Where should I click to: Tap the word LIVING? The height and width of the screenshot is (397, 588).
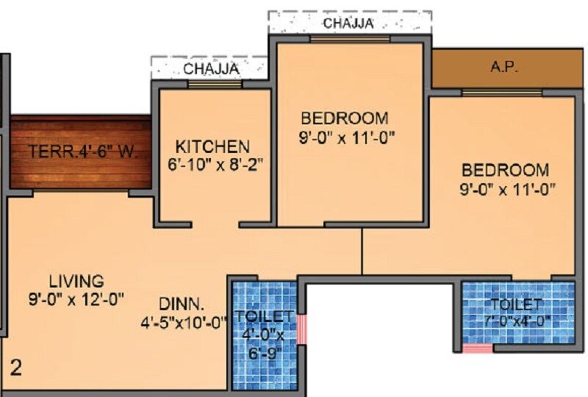pyautogui.click(x=77, y=281)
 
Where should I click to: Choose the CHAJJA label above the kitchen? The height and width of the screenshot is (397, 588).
pyautogui.click(x=211, y=69)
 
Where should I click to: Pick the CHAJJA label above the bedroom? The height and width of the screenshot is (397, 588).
pyautogui.click(x=348, y=24)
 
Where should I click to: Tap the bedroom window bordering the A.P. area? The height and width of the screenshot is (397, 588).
pyautogui.click(x=502, y=93)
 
